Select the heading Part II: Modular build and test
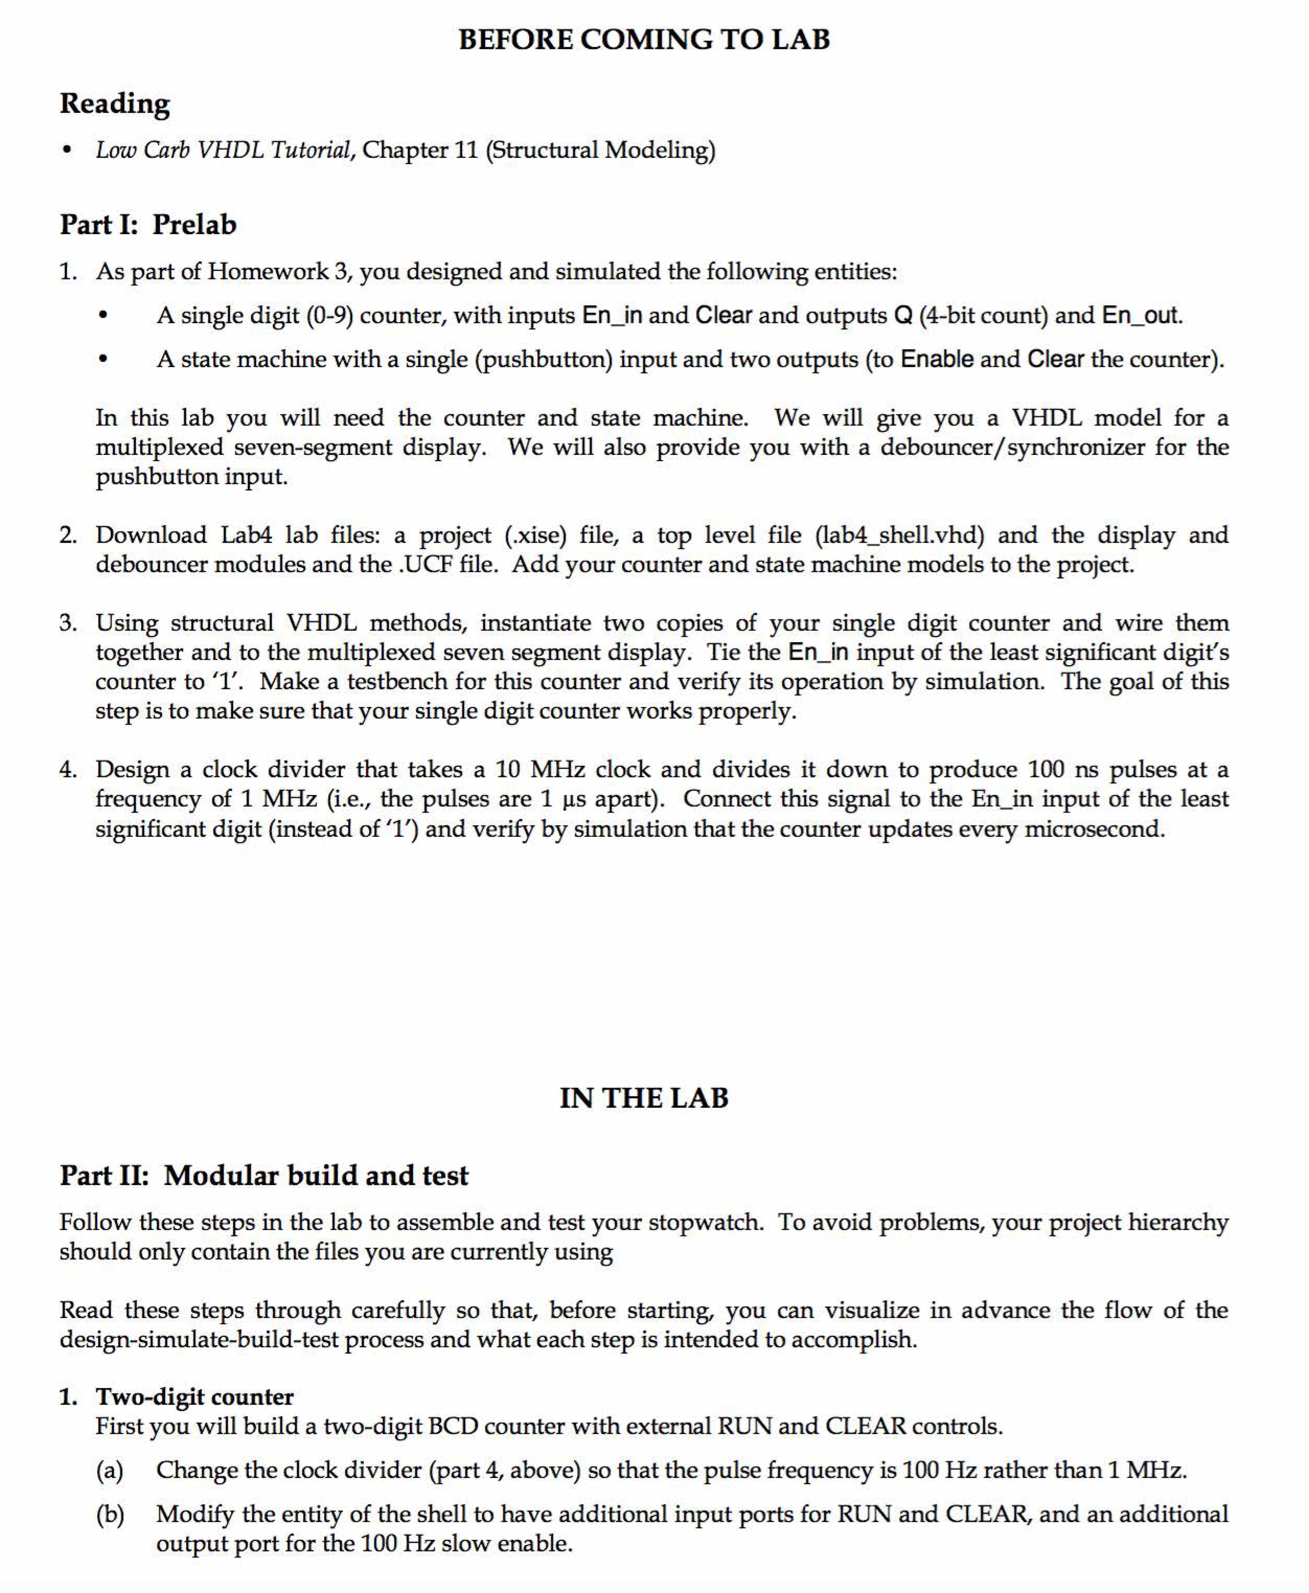tap(264, 1175)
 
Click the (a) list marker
tap(109, 1470)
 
